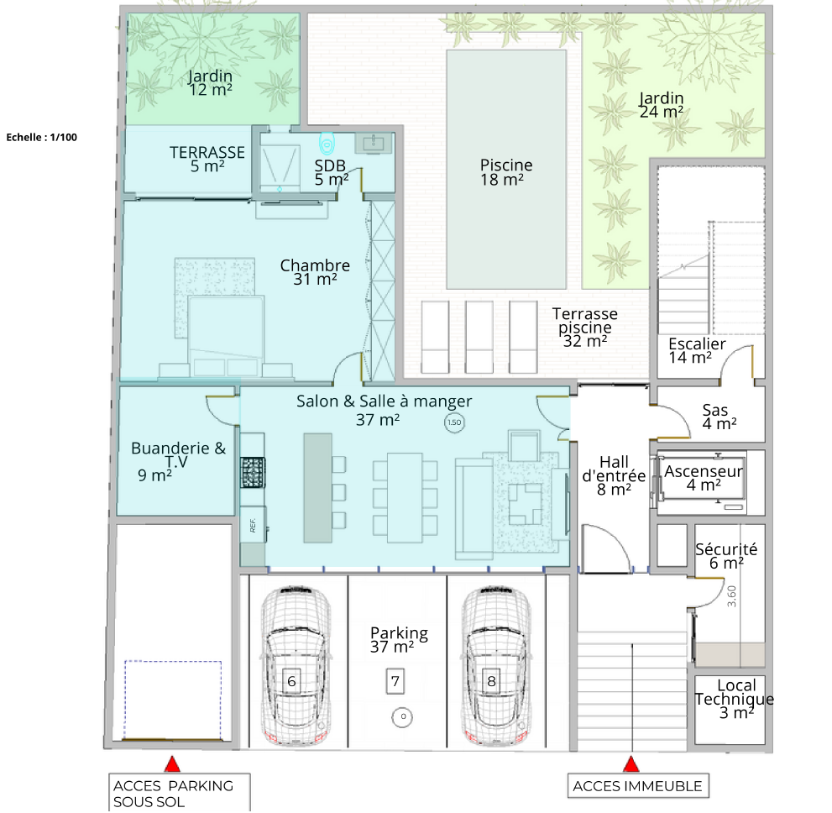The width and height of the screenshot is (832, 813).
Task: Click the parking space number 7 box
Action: pyautogui.click(x=395, y=681)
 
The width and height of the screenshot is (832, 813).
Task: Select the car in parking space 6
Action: pyautogui.click(x=296, y=665)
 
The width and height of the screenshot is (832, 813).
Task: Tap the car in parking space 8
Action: pyautogui.click(x=495, y=665)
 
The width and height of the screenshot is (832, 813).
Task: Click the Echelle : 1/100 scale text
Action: pyautogui.click(x=42, y=138)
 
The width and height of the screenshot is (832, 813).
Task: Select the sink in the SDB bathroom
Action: pyautogui.click(x=373, y=143)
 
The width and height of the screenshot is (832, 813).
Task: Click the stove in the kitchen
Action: pyautogui.click(x=253, y=472)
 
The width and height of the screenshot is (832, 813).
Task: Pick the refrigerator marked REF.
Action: pyautogui.click(x=253, y=524)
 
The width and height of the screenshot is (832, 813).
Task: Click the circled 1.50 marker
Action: pyautogui.click(x=454, y=422)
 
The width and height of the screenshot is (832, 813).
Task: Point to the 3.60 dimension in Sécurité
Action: pyautogui.click(x=732, y=596)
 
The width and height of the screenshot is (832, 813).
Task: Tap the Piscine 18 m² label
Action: pyautogui.click(x=505, y=172)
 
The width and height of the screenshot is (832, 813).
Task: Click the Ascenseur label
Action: pyautogui.click(x=703, y=471)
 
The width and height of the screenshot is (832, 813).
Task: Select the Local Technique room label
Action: pyautogui.click(x=735, y=699)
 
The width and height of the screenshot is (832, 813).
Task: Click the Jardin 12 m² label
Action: pyautogui.click(x=211, y=83)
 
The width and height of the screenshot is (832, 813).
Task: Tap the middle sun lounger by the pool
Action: pyautogui.click(x=479, y=337)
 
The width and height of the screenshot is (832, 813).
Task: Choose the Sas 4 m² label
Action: pyautogui.click(x=719, y=417)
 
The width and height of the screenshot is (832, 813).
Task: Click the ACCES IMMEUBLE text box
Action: pyautogui.click(x=638, y=786)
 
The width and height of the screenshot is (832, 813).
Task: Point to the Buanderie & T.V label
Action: pyautogui.click(x=178, y=462)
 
